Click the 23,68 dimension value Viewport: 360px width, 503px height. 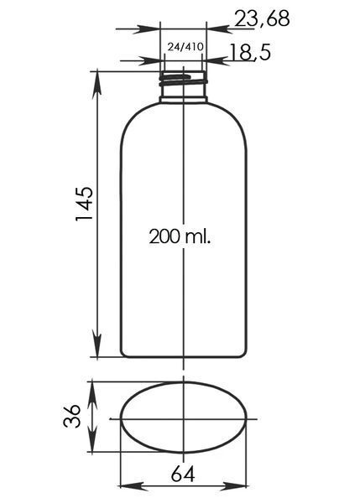tap(262, 18)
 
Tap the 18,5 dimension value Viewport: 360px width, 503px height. tap(250, 52)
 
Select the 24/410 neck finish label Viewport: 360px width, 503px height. tap(185, 47)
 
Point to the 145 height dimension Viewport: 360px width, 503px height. tap(84, 203)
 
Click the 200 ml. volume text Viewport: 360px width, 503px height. tap(180, 236)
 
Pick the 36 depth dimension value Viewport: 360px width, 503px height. tap(71, 416)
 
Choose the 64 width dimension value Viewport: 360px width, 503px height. tap(183, 474)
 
